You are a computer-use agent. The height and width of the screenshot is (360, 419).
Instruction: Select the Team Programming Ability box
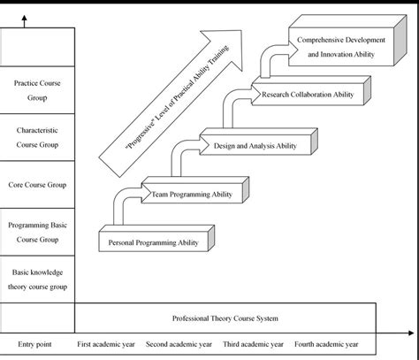(x=192, y=192)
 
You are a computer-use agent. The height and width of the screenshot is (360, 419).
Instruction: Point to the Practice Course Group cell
(x=36, y=91)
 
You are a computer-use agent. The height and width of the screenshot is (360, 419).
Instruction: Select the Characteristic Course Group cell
(x=36, y=136)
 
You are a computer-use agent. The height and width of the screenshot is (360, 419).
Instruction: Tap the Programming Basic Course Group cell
(x=36, y=232)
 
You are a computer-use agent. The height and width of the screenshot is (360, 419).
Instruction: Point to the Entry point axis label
(x=35, y=344)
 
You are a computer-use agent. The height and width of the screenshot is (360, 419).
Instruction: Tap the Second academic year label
(x=179, y=344)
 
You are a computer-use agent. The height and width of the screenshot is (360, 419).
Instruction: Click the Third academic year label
(x=252, y=344)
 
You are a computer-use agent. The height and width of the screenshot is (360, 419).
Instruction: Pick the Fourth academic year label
(x=326, y=344)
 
